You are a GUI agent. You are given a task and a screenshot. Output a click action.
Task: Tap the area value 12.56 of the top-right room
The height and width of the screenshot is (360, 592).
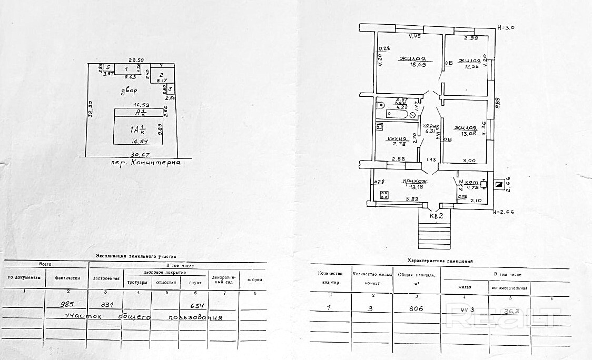click(470, 66)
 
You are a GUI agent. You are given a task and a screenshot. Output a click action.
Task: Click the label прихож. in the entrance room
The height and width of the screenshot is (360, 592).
click(413, 182)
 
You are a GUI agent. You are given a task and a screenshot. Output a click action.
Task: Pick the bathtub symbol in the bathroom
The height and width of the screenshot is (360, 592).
click(396, 113)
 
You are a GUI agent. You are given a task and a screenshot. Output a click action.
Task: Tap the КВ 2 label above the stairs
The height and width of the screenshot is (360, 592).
click(436, 215)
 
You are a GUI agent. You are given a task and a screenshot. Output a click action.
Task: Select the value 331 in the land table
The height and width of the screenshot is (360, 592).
click(114, 305)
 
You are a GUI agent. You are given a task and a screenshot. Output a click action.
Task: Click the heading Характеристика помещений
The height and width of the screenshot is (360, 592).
click(440, 261)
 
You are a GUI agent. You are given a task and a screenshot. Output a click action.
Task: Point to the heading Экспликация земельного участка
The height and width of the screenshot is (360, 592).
click(136, 256)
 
